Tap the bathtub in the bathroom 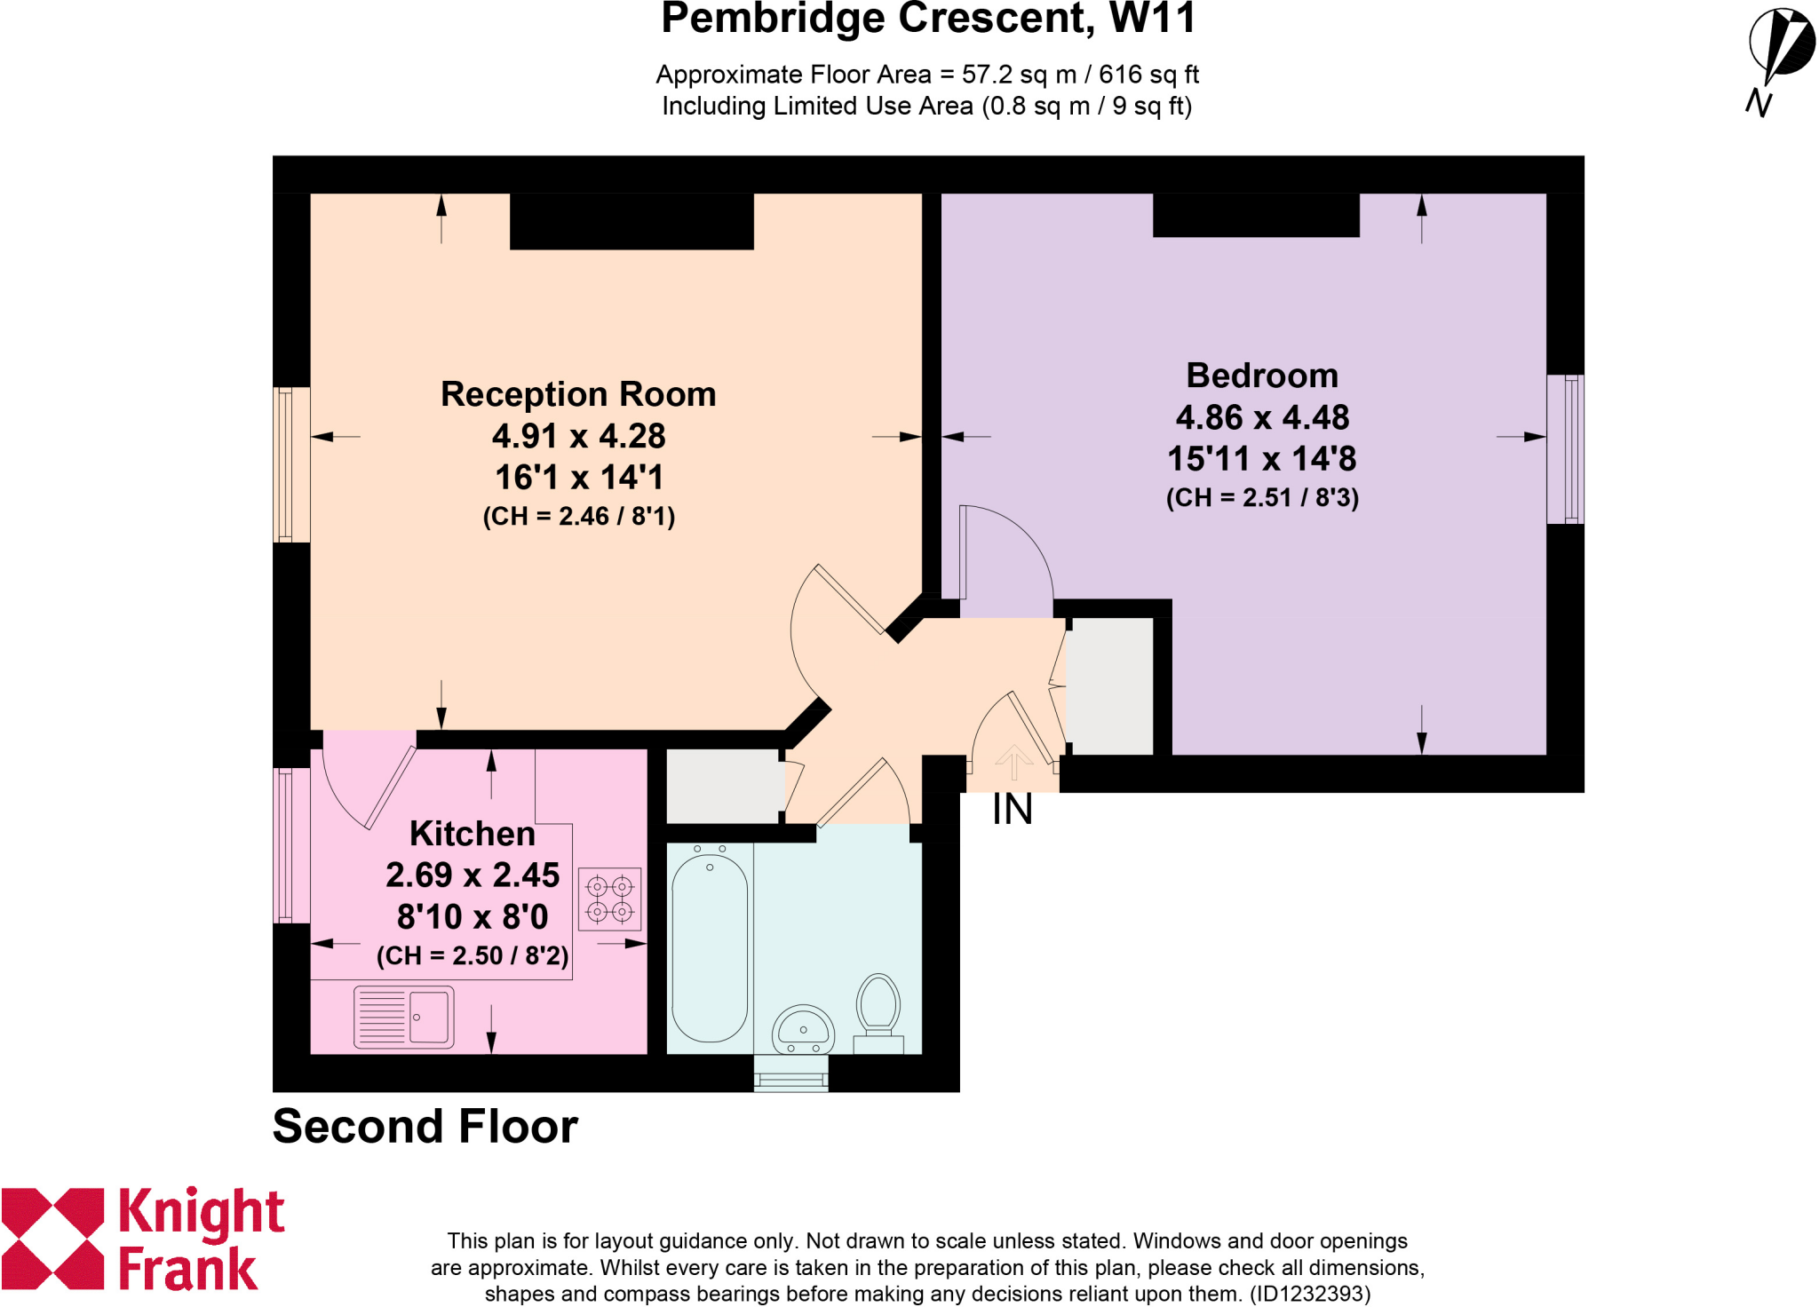(710, 947)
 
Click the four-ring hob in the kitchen (609, 899)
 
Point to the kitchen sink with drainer (403, 1017)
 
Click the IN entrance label (1012, 810)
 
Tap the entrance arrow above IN (1013, 761)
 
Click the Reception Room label (578, 394)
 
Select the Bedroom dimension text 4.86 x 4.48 (1262, 417)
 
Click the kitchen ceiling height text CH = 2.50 (473, 956)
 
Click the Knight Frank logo (142, 1239)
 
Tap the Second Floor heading (425, 1127)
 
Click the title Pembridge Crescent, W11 (928, 20)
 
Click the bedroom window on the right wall (1565, 449)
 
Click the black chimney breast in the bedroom (1256, 216)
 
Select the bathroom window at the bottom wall (790, 1073)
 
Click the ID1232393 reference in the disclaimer (1309, 1294)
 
